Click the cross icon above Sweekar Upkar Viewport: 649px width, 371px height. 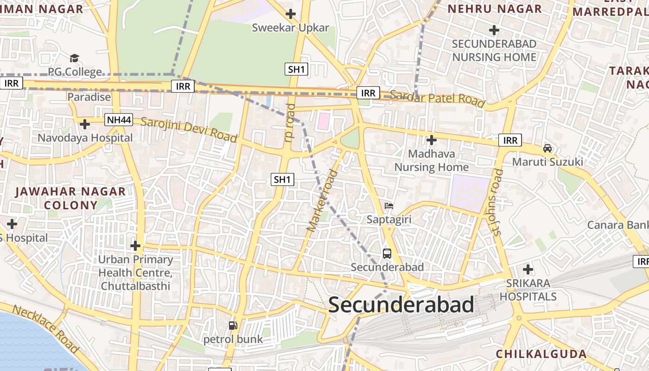[291, 14]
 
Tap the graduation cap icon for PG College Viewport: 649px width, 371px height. [74, 58]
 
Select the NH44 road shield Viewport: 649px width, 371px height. [119, 120]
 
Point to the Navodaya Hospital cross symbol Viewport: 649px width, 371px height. [85, 124]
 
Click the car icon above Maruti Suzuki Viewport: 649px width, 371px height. [547, 148]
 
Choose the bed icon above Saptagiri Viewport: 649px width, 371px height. [388, 205]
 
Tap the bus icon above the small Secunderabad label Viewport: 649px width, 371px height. [387, 254]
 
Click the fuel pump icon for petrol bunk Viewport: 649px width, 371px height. [233, 326]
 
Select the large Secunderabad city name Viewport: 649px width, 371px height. [401, 305]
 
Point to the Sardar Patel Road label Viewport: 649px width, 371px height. [437, 98]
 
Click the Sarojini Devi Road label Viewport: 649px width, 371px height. [189, 130]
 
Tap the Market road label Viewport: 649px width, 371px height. [323, 201]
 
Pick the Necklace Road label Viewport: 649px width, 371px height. [45, 329]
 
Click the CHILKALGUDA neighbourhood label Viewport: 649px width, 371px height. [541, 354]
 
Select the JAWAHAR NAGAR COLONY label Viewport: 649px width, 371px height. [70, 198]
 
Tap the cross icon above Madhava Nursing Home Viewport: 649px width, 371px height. [432, 140]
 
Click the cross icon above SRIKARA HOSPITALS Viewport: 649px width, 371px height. [528, 269]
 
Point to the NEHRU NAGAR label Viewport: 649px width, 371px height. [494, 9]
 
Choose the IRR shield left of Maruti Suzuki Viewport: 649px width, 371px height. [510, 140]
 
